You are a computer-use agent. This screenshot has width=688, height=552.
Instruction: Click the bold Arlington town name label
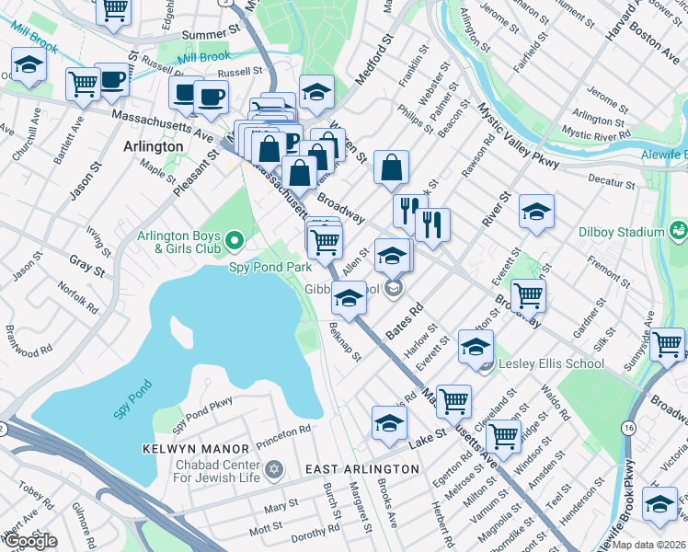pos(153,146)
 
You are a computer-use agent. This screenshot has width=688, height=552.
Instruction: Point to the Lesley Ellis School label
pos(550,363)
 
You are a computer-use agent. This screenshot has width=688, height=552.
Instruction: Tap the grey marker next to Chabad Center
pos(273,469)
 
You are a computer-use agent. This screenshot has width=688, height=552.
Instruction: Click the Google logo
pos(29,541)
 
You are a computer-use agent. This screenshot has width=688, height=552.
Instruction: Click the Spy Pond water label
pos(132,401)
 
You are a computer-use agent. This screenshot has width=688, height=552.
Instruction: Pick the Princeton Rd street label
pos(292,431)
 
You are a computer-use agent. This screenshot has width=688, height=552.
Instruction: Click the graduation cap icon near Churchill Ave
pos(29,65)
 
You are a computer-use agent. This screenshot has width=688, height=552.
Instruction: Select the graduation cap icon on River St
pos(536,212)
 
